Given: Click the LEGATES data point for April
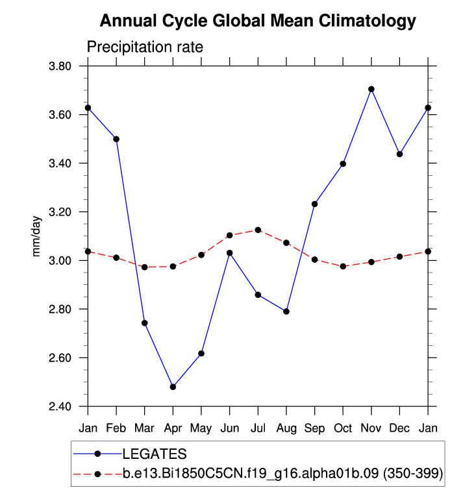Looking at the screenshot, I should pos(173,387).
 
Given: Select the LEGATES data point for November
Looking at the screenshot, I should pos(371,89).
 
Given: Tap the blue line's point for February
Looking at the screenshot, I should pos(116,139).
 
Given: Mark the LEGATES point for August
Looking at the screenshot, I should pos(286,312).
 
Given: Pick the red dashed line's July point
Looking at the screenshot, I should pos(258,230).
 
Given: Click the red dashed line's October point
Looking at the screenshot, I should pos(343,266).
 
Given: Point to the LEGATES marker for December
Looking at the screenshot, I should pos(399,154).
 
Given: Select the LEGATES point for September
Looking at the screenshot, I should pos(315,204).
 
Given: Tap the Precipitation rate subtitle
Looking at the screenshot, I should pos(145,47).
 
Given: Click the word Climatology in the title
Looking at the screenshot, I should pos(367,21).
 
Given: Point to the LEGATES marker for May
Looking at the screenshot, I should pos(201,354).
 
